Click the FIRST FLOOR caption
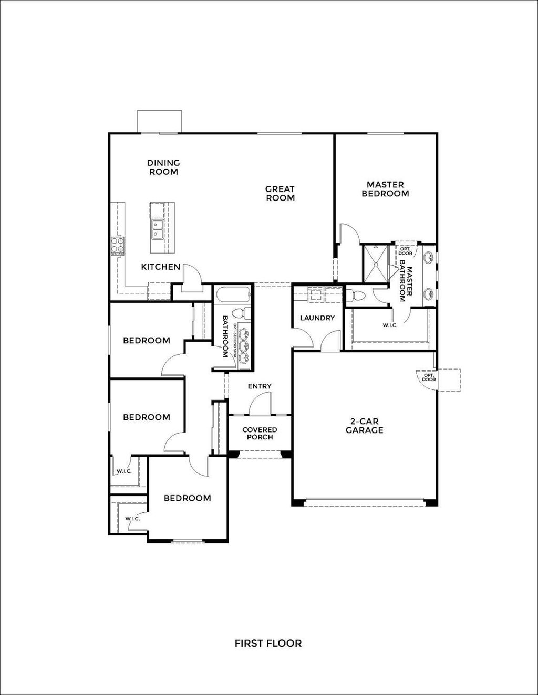click(x=268, y=643)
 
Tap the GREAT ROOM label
click(x=280, y=193)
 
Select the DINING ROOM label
click(x=163, y=167)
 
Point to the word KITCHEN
click(x=160, y=267)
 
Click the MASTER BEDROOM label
click(x=385, y=189)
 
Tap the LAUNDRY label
click(x=317, y=318)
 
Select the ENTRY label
click(x=260, y=386)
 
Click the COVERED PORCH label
click(x=260, y=434)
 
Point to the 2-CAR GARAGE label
click(x=364, y=426)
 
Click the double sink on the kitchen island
click(x=158, y=229)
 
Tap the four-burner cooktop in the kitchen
click(x=118, y=246)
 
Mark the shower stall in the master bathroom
click(x=376, y=264)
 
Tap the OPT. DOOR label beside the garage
click(x=428, y=377)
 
